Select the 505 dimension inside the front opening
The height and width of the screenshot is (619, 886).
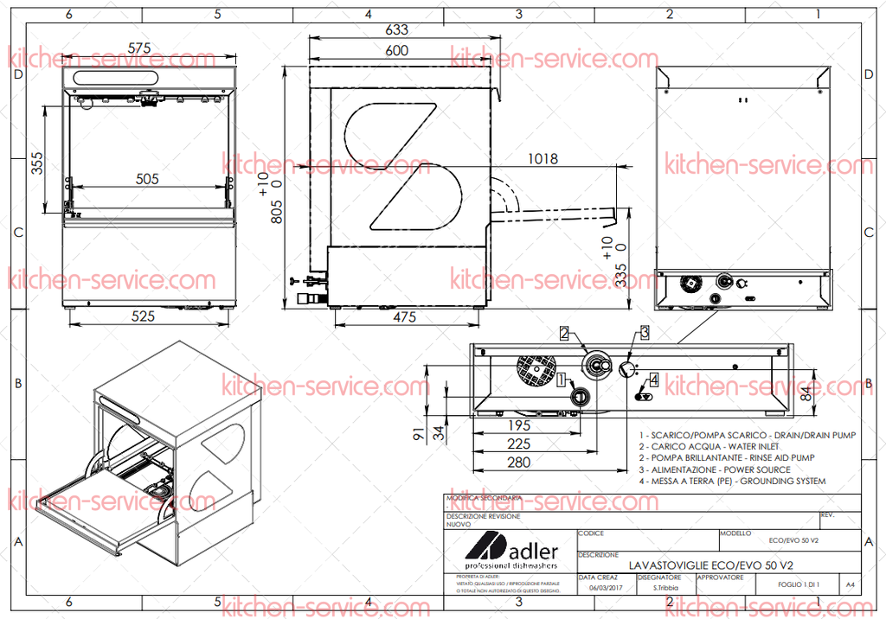[x=147, y=179]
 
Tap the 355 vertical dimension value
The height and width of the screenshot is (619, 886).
[x=36, y=163]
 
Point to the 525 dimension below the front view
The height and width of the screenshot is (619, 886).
[x=144, y=316]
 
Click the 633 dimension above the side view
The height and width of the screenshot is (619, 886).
[x=396, y=29]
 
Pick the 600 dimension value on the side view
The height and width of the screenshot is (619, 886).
[x=396, y=51]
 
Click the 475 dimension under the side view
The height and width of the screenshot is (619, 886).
[x=404, y=317]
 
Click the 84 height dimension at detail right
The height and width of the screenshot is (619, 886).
[x=806, y=395]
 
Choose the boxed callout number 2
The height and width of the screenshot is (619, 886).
[x=563, y=333]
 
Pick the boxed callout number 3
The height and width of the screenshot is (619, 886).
[x=645, y=331]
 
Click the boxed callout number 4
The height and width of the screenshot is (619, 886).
[x=654, y=380]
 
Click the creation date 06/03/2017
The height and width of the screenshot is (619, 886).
[x=605, y=588]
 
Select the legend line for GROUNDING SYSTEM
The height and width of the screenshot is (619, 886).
[x=732, y=481]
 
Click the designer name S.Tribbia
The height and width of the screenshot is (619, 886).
[x=665, y=588]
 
